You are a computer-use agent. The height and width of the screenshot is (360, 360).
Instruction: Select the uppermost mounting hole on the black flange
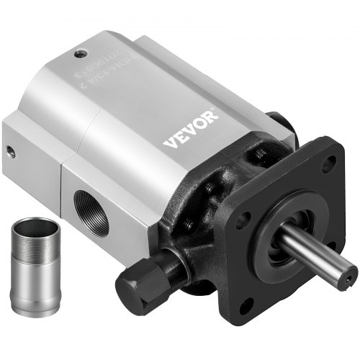(323, 164)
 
